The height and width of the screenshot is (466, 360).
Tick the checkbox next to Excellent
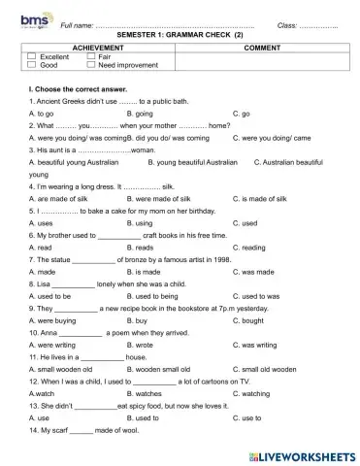tap(32, 56)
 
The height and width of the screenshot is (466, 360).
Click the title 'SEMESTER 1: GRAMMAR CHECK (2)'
tap(180, 34)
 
